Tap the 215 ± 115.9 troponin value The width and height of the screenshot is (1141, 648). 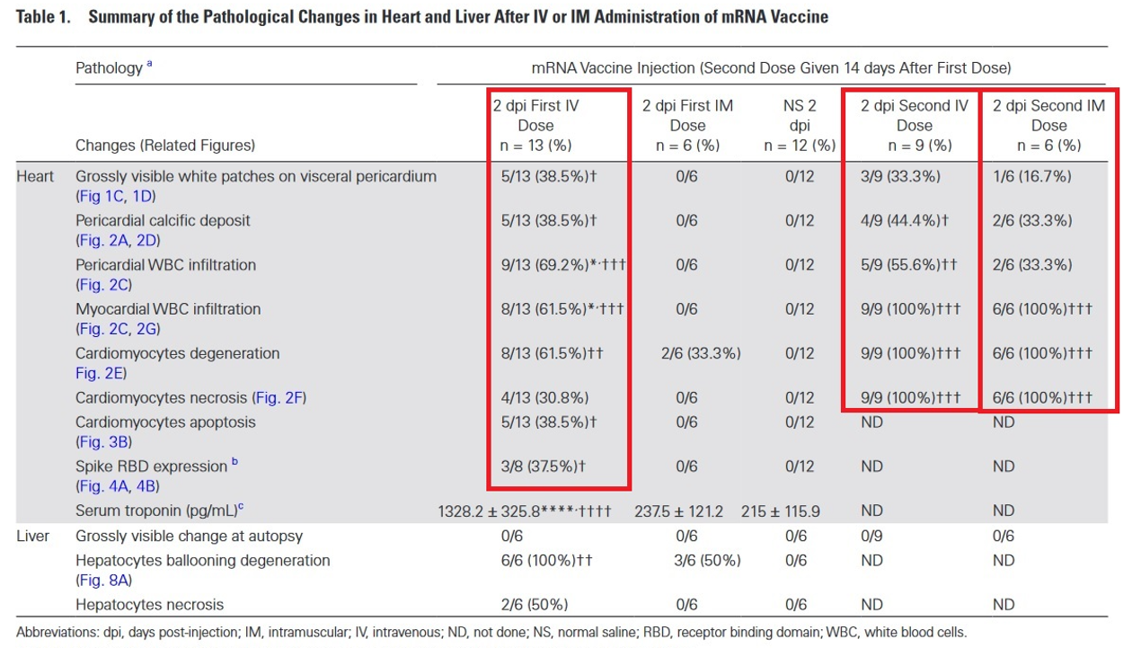click(780, 510)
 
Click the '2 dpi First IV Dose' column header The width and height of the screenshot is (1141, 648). click(535, 125)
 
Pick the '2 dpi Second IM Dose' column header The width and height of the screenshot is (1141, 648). click(1048, 125)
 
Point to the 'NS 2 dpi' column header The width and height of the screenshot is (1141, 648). click(800, 125)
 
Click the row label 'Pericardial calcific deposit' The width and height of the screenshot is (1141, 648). click(163, 220)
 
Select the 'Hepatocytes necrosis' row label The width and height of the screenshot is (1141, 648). click(149, 604)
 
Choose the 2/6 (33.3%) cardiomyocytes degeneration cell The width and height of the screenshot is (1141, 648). click(687, 353)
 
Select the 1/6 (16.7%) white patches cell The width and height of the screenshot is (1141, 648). click(1031, 176)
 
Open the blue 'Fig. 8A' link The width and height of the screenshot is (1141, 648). click(106, 581)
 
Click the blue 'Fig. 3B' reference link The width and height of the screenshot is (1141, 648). click(105, 441)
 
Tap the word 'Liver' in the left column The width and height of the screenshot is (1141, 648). click(33, 536)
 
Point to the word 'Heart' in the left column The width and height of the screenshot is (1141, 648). click(35, 176)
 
